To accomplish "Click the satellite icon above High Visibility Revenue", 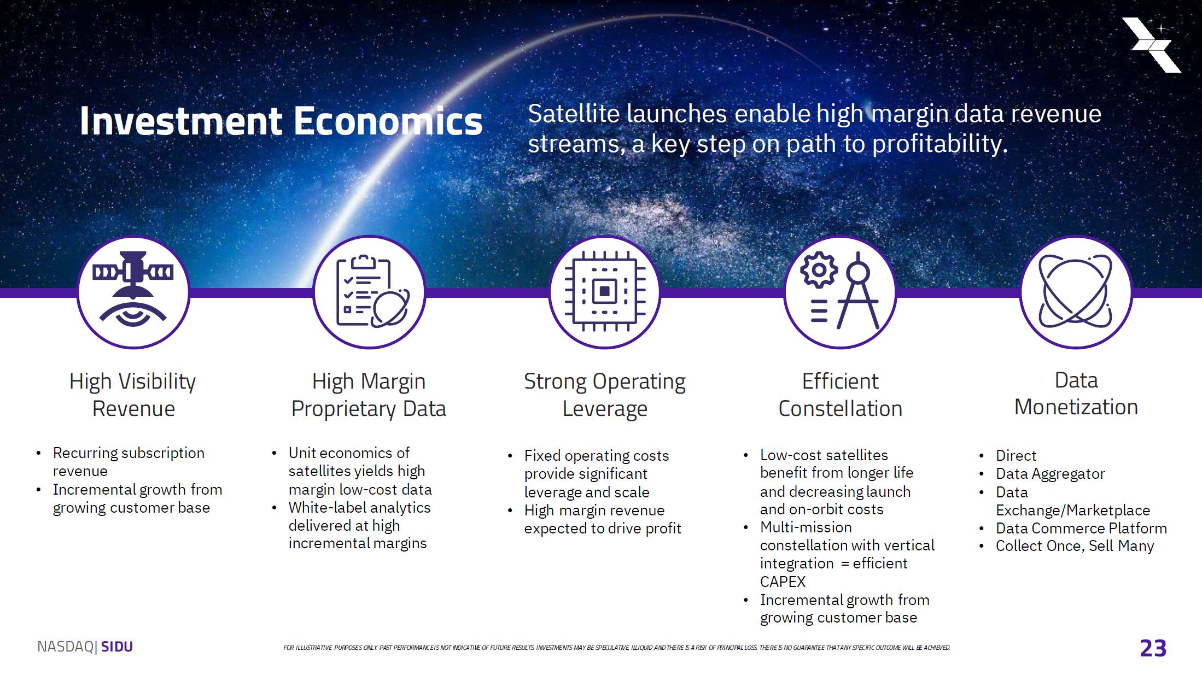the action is tap(133, 290).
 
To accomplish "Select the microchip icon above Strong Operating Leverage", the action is tap(605, 291).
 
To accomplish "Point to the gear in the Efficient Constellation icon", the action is tap(819, 270).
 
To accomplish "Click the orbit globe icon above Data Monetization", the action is tap(1076, 291).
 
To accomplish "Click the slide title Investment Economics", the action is tap(281, 121).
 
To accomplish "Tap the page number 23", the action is tap(1153, 648).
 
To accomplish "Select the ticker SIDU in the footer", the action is tap(117, 647).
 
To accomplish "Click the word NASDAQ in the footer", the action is tap(66, 647).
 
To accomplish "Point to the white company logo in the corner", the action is tap(1152, 45).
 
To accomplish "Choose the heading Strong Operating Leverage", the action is tap(605, 395).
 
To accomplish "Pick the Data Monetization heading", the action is tap(1076, 394).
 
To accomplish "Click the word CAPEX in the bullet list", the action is tap(783, 582).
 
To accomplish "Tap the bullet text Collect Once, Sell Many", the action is tap(1075, 546).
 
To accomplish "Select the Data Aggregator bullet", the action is tap(1050, 474).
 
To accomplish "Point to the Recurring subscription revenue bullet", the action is tap(129, 462).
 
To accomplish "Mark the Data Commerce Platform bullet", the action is tap(1081, 529).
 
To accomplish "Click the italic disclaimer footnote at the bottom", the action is tap(617, 648).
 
